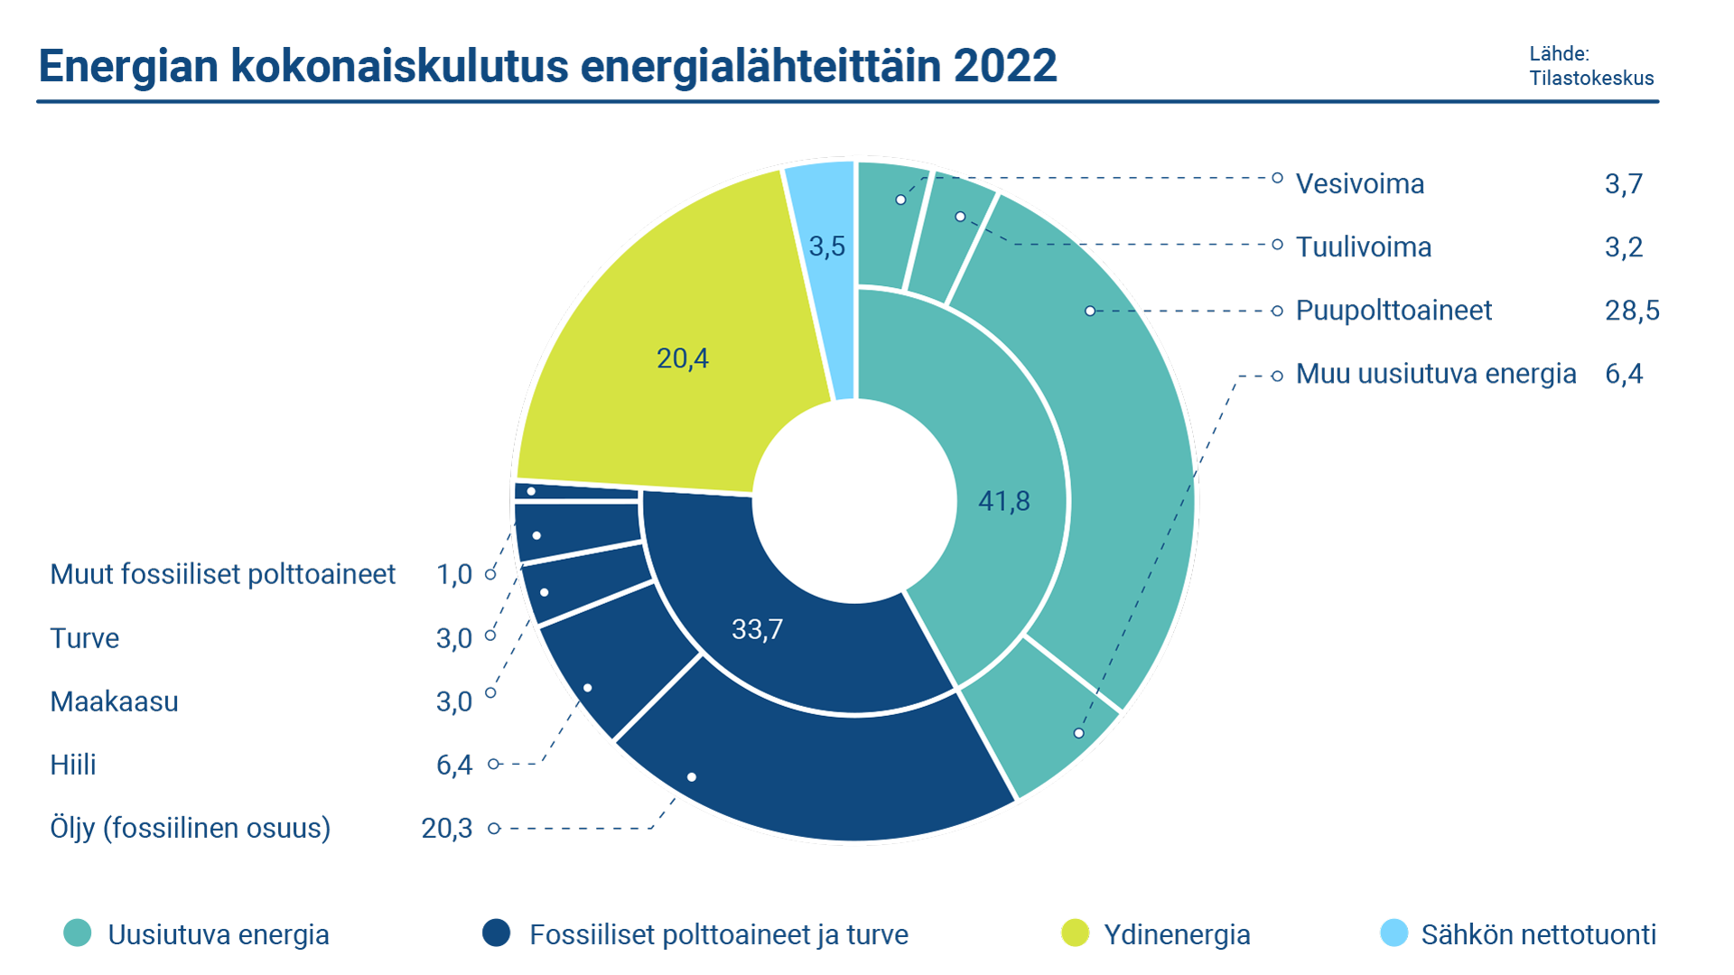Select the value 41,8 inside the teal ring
coord(1003,501)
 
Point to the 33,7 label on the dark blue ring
coord(757,629)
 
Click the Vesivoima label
coord(1359,184)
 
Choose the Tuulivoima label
coord(1363,247)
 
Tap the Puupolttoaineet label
coord(1393,311)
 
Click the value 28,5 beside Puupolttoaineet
coord(1631,311)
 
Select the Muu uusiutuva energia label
coord(1435,374)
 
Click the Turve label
coord(84,638)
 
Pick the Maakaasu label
coord(114,701)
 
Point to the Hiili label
coord(72,765)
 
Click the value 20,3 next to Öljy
coord(446,828)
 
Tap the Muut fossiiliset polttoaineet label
coord(222,574)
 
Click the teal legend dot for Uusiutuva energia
coord(78,933)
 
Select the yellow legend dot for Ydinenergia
coord(1075,933)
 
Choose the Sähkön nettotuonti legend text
coord(1538,934)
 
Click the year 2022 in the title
coord(1004,67)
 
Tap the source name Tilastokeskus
coord(1591,79)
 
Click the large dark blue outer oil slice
coord(813,776)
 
